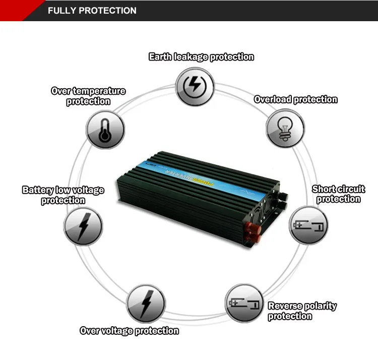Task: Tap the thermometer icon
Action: click(x=105, y=129)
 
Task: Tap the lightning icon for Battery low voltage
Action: click(x=83, y=226)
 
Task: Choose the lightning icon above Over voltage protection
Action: click(x=146, y=303)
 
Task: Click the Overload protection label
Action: click(x=295, y=99)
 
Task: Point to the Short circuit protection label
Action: click(x=339, y=194)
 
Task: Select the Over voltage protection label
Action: click(x=130, y=331)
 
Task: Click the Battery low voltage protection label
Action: click(x=64, y=195)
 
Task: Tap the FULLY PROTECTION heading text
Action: click(x=92, y=10)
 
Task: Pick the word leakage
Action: click(x=191, y=57)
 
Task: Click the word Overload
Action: click(x=273, y=99)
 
